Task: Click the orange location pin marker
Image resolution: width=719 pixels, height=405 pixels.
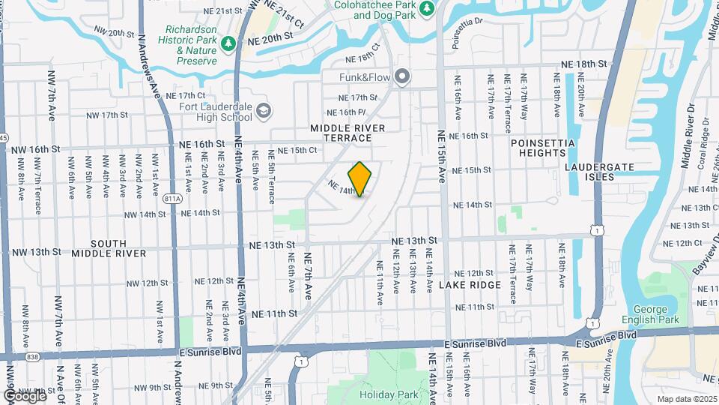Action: coord(360,179)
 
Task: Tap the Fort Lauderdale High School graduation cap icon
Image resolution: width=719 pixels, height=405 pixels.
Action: coord(262,112)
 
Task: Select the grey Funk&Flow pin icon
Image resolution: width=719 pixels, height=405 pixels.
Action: coord(403,76)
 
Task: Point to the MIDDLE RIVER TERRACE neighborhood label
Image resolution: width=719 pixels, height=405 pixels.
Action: coord(347,133)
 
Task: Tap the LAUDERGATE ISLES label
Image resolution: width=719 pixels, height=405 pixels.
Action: coord(599,172)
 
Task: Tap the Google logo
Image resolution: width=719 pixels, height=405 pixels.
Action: coord(25,395)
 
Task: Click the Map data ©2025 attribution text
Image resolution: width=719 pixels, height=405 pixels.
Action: coord(687,399)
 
